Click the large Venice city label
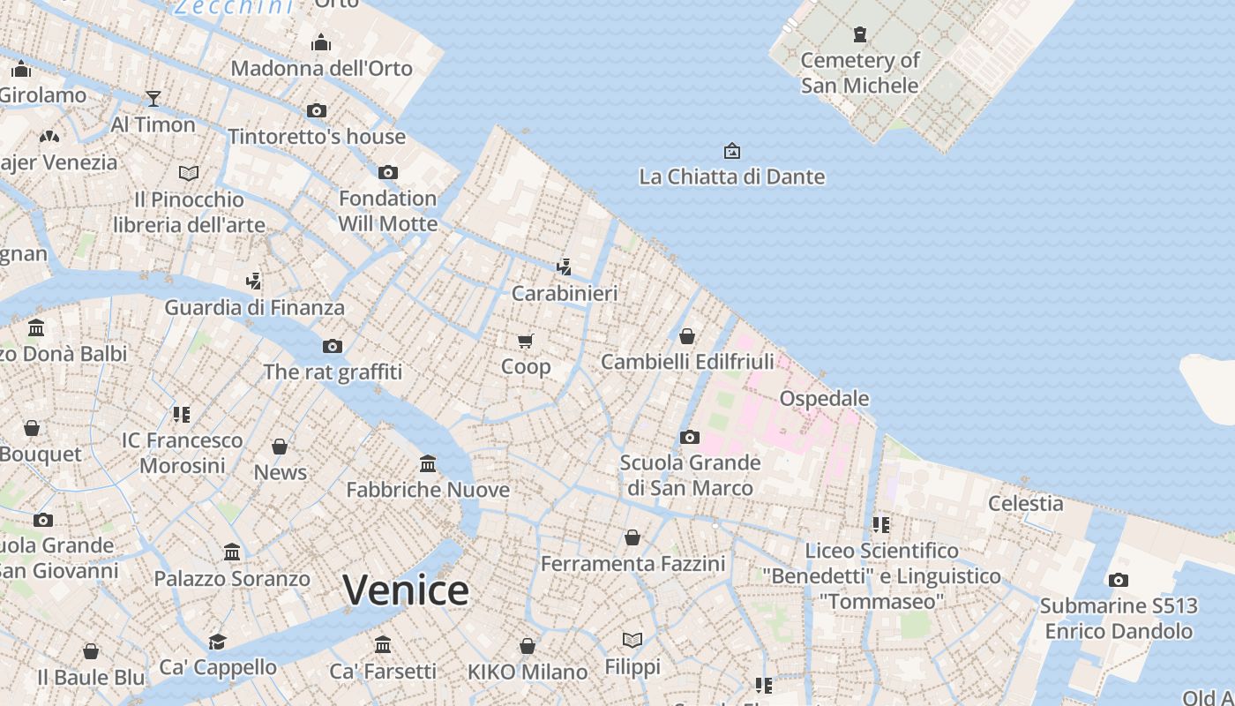click(x=406, y=590)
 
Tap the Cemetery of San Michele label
click(x=860, y=72)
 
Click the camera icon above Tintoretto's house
click(x=317, y=111)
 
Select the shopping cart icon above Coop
click(x=526, y=341)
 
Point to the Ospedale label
click(x=825, y=398)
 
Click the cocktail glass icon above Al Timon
click(x=153, y=98)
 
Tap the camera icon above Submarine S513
click(x=1119, y=580)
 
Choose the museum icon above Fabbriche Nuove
click(x=428, y=463)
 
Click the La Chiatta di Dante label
click(x=732, y=176)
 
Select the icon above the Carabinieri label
click(x=565, y=266)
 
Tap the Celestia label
click(x=1025, y=503)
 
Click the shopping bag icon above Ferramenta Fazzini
click(x=632, y=537)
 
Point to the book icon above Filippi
click(x=632, y=640)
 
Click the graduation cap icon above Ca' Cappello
click(x=217, y=642)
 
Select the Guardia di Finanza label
click(x=254, y=307)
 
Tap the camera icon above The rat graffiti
click(x=333, y=346)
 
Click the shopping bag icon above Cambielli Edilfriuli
click(x=687, y=335)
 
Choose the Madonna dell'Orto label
click(x=321, y=68)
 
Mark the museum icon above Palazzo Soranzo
click(x=232, y=552)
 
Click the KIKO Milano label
click(x=528, y=672)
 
